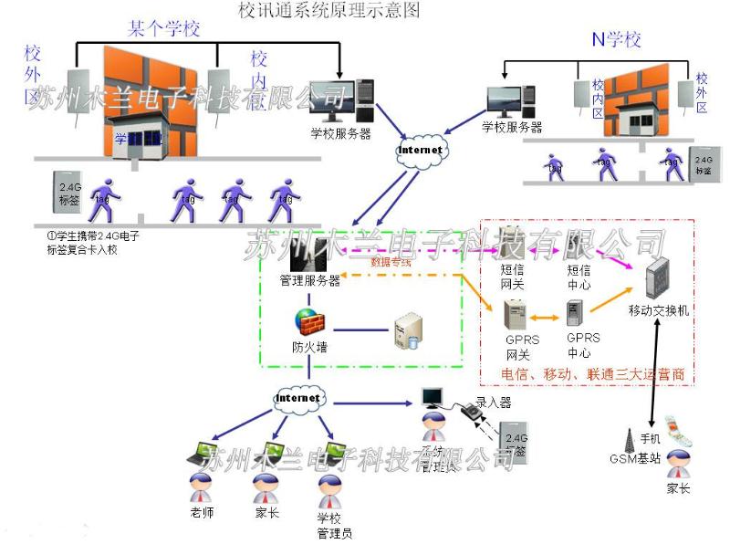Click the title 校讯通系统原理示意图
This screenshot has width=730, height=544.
coord(328,11)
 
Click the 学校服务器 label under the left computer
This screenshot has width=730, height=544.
coord(340,133)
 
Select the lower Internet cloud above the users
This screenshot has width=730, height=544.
coord(298,399)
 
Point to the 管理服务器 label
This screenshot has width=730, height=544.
coord(309,281)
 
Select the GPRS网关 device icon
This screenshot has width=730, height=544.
coord(516,316)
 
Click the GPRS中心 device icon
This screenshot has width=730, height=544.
coord(576,315)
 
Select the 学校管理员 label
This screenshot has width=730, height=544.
coord(334,526)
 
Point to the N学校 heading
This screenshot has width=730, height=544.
coord(617,40)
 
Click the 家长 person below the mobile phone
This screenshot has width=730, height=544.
coord(676,471)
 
